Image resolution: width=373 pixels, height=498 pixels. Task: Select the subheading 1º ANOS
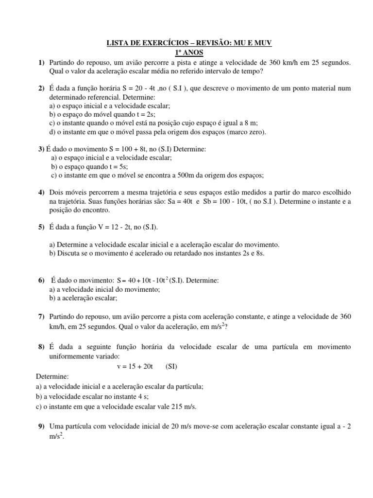point(189,53)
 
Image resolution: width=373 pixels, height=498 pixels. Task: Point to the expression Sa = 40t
point(190,202)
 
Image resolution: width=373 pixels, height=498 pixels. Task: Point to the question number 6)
point(41,281)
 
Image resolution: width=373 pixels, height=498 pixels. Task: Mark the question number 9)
point(41,427)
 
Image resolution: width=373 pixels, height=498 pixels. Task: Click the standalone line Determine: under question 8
point(52,376)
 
